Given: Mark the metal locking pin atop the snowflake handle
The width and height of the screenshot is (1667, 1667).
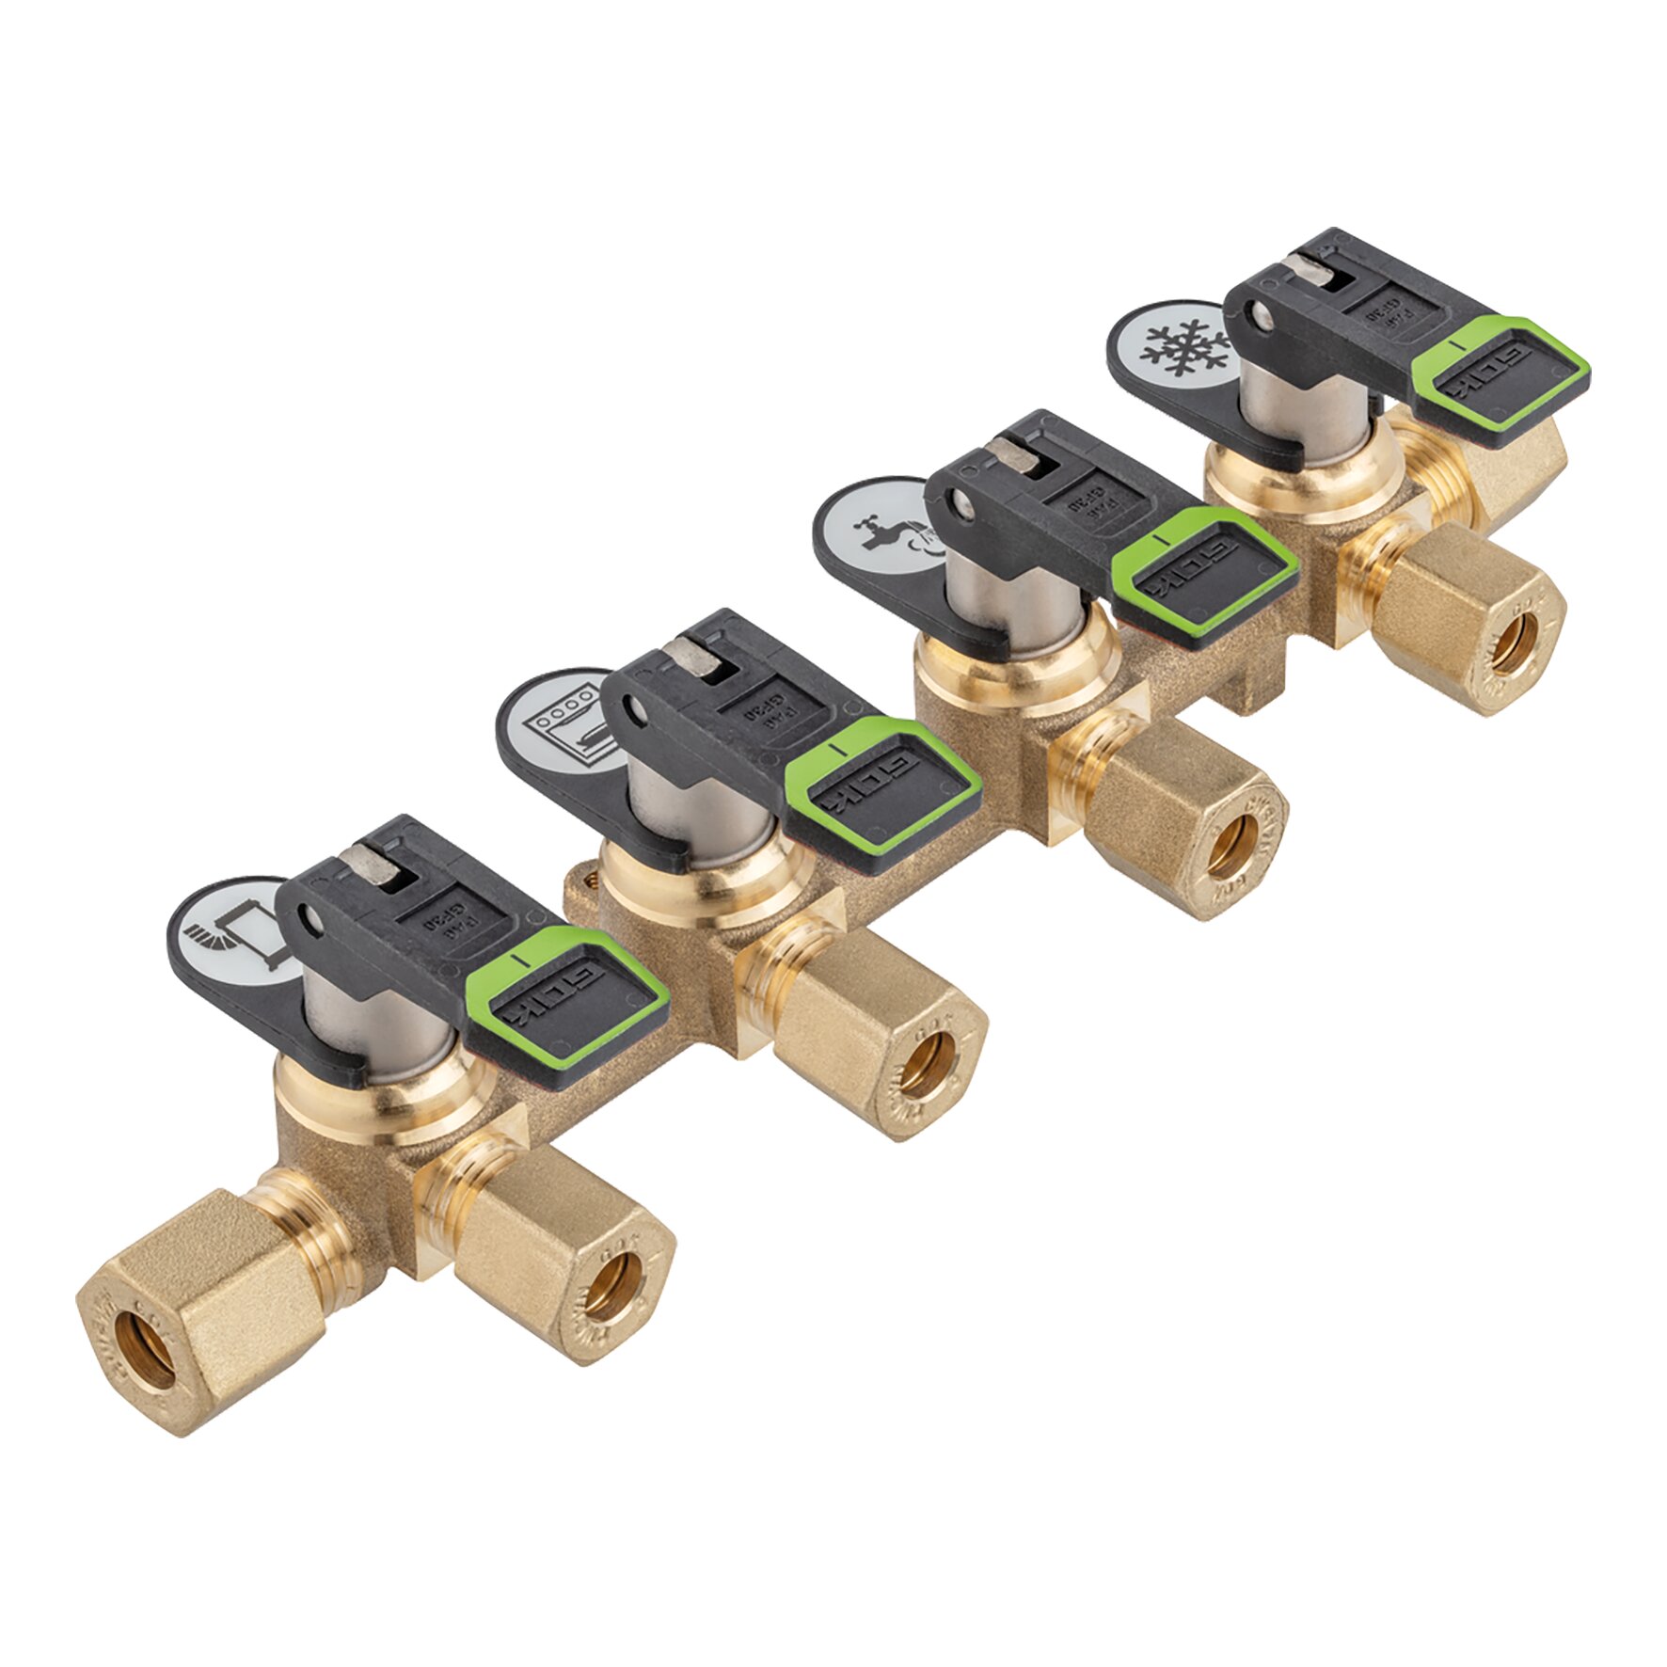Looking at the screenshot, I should pos(1310,270).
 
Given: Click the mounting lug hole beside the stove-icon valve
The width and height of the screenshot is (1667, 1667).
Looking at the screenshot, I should pos(591,881).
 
